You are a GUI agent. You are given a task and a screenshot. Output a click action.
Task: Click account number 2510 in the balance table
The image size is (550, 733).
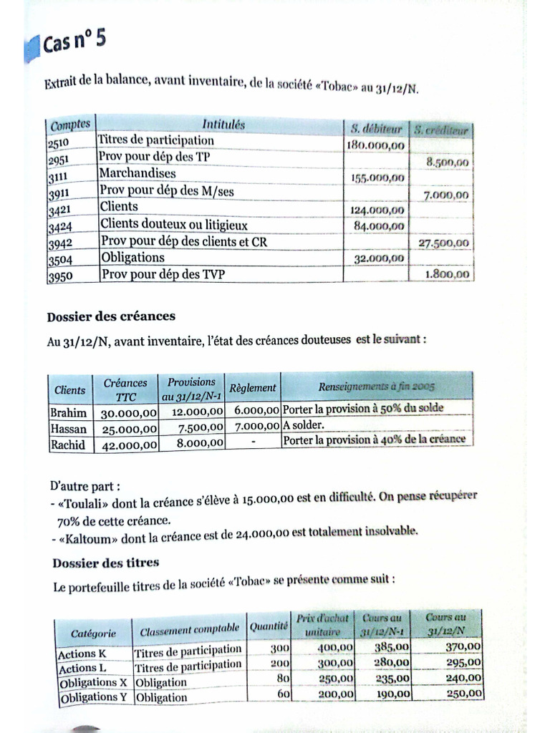(59, 144)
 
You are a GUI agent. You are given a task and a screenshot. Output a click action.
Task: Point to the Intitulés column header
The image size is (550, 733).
(223, 125)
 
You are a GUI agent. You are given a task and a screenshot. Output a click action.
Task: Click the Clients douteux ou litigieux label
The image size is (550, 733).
(174, 225)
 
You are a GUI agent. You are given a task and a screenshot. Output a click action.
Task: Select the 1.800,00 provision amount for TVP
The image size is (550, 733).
(448, 273)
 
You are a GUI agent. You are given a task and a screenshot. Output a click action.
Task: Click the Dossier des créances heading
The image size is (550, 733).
(111, 316)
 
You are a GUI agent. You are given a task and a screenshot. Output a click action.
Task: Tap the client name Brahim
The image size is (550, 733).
(69, 412)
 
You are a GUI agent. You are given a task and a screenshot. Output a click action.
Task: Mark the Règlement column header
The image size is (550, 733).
(251, 388)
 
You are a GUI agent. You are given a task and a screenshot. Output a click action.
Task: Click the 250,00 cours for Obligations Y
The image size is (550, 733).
(464, 692)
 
